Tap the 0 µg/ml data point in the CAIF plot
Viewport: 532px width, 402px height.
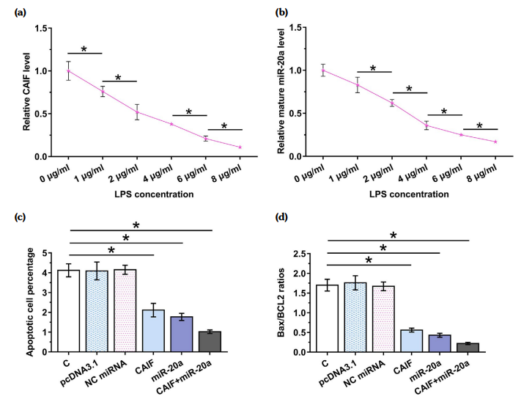point(69,70)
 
